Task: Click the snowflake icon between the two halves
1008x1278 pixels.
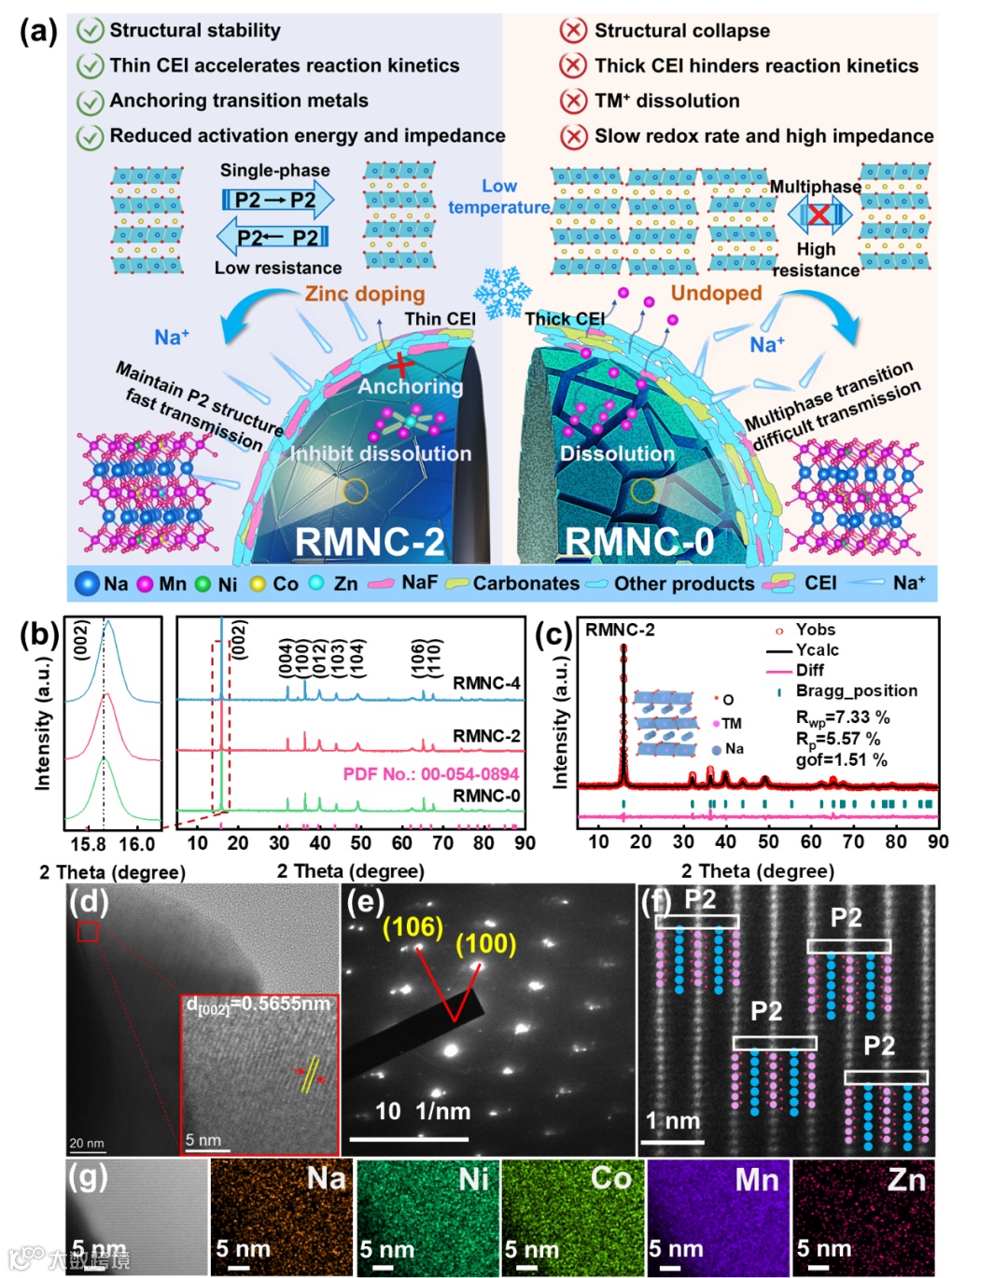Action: tap(502, 290)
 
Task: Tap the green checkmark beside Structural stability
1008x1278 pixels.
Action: tap(90, 31)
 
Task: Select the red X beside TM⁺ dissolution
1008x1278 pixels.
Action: tap(572, 101)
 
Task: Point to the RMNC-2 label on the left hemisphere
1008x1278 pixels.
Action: tap(370, 542)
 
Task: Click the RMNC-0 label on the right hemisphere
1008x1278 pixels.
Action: tap(639, 542)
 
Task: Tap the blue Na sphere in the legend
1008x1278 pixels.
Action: tap(87, 584)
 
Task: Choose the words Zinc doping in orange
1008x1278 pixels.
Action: tap(365, 294)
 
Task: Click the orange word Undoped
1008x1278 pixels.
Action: tap(716, 293)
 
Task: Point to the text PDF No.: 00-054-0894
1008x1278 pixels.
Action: tap(430, 773)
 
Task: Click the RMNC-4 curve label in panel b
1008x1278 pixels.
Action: tap(486, 684)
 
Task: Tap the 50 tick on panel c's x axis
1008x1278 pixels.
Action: tap(768, 841)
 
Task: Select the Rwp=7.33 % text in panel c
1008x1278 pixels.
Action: tap(842, 717)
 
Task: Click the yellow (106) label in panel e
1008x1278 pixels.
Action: tap(413, 926)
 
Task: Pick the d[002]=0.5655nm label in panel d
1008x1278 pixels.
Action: tap(259, 1005)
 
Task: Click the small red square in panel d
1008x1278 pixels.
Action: tap(88, 931)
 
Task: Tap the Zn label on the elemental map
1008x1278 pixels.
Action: tap(906, 1180)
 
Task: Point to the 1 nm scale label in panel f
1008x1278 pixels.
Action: tap(673, 1121)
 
